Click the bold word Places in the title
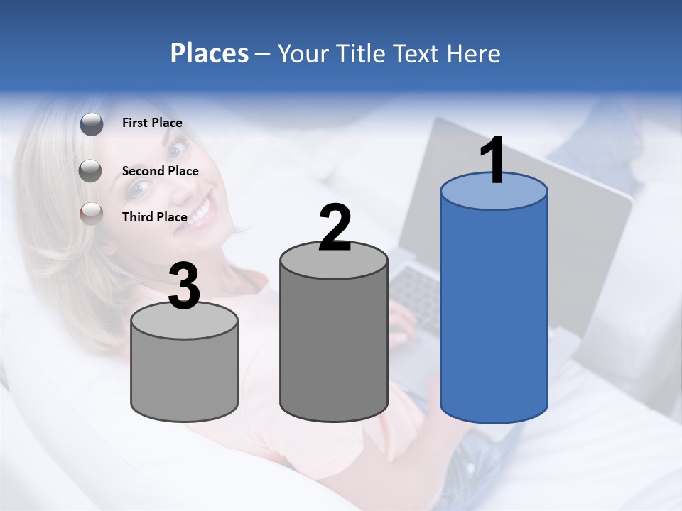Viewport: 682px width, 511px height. click(x=210, y=53)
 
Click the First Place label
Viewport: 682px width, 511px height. click(x=152, y=123)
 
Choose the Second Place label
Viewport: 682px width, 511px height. click(x=160, y=171)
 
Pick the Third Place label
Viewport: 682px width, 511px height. click(x=154, y=217)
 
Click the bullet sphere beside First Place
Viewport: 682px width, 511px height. click(x=92, y=123)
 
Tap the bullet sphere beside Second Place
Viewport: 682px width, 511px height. click(x=90, y=170)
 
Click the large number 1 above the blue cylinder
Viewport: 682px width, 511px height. click(x=492, y=160)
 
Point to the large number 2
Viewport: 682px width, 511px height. click(x=335, y=228)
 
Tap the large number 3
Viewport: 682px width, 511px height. click(x=184, y=286)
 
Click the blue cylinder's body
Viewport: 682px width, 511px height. click(x=494, y=312)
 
